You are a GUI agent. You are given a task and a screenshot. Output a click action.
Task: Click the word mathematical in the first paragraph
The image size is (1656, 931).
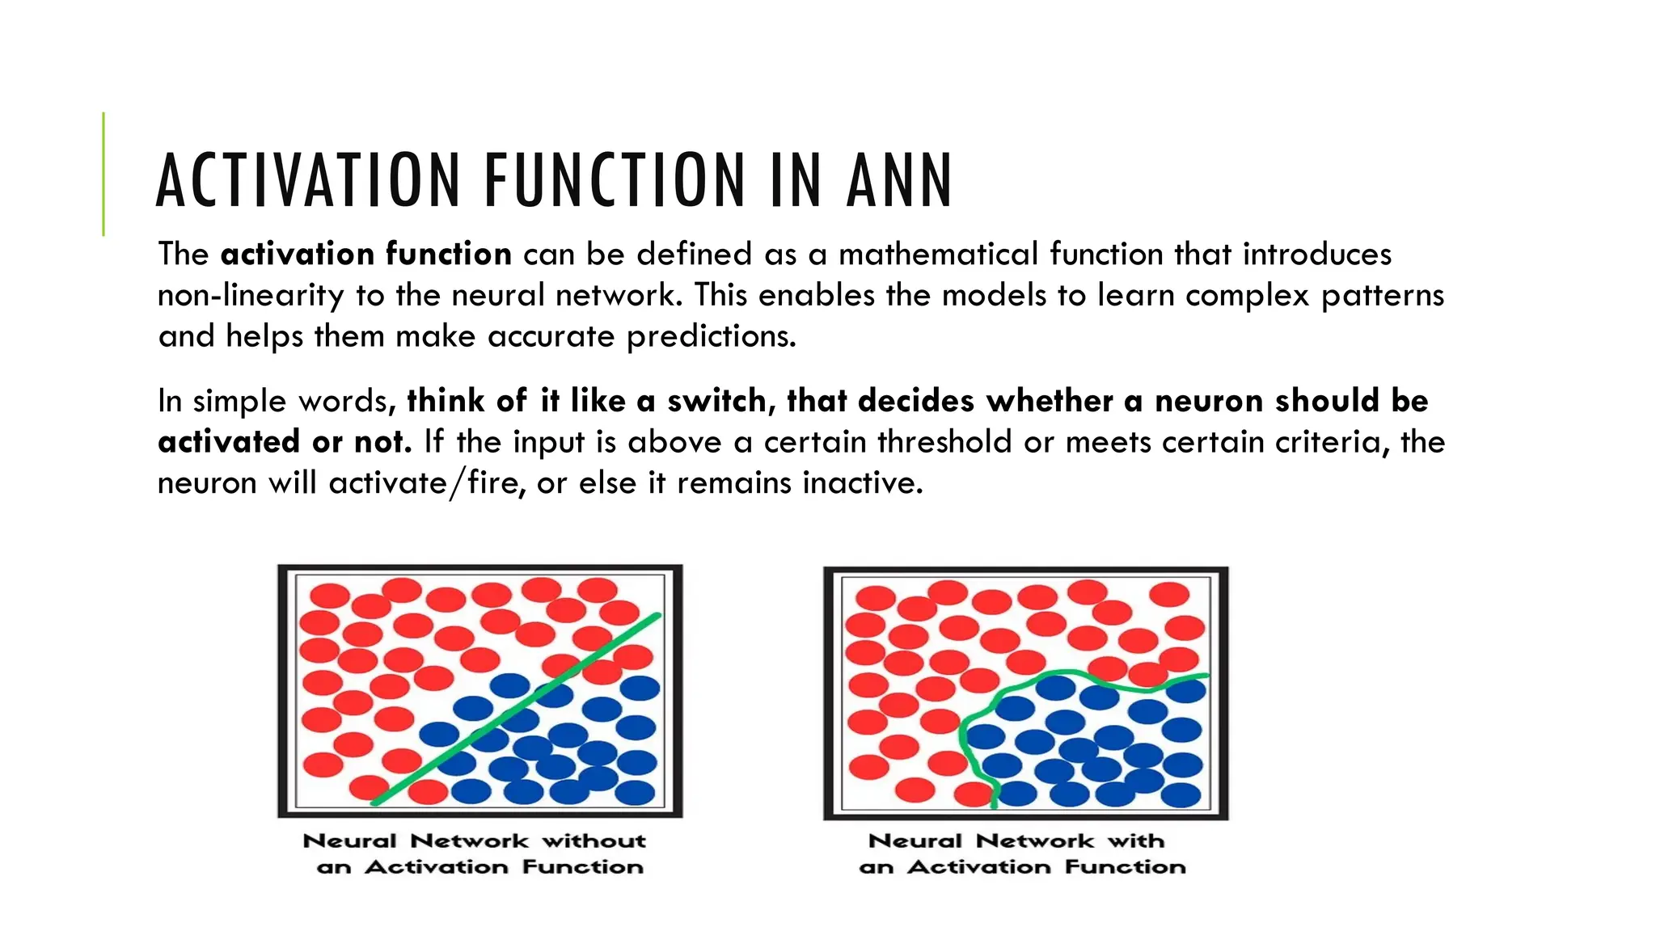(938, 255)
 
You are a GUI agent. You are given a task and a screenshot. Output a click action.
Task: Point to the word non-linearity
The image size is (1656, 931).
(251, 296)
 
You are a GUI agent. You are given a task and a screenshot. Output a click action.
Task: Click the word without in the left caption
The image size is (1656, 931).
(594, 841)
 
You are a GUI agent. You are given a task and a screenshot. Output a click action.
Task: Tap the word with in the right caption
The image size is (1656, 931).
(1136, 841)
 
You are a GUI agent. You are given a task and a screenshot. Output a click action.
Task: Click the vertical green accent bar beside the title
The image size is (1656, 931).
(103, 174)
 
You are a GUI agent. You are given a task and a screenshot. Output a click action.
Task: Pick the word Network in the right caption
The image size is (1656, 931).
(1036, 841)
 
